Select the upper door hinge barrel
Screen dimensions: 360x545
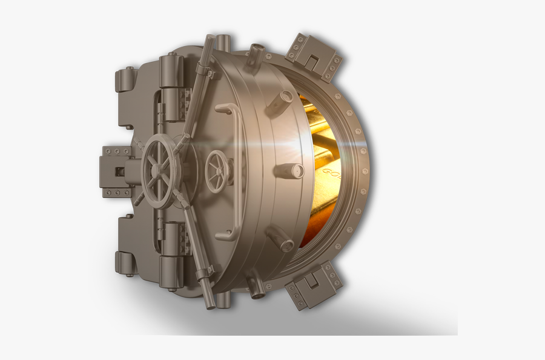click(171, 85)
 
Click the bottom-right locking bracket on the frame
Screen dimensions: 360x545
click(314, 284)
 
